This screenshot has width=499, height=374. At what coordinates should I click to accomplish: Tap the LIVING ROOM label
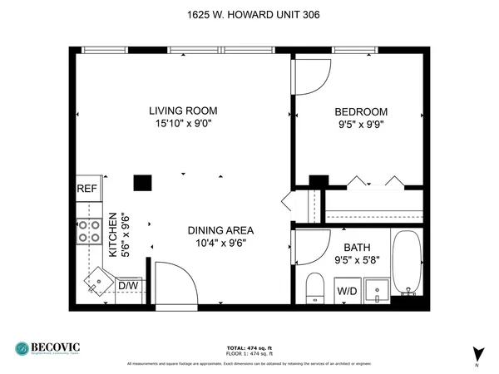tap(183, 111)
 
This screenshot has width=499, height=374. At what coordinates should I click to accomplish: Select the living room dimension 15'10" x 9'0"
tap(183, 125)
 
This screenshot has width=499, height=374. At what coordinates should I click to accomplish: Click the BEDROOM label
tap(361, 112)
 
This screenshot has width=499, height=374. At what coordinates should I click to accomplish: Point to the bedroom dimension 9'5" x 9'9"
tap(361, 126)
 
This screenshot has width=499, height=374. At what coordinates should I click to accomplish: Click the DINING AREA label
tap(220, 230)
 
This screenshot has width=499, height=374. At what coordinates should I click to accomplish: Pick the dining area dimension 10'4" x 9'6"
tap(220, 244)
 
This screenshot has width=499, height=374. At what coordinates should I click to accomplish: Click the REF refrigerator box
tap(87, 189)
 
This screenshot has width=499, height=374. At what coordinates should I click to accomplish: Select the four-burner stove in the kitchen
tap(88, 232)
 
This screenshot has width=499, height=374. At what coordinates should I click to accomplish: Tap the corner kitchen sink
tap(99, 280)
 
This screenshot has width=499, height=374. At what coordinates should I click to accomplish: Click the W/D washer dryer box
tap(347, 291)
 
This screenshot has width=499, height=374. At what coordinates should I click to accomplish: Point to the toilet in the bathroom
tap(314, 286)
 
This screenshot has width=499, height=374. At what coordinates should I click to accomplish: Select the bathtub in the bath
tap(407, 263)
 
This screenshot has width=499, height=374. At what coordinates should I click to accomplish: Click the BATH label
tap(357, 247)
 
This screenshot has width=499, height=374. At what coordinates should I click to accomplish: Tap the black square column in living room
tap(144, 183)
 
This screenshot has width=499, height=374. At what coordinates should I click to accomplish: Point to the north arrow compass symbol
tap(477, 354)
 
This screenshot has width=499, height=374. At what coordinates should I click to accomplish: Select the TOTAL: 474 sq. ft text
tap(249, 347)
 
